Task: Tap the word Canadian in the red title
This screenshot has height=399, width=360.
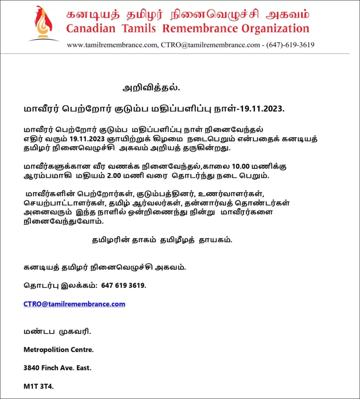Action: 91,28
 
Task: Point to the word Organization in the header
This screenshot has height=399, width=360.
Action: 275,28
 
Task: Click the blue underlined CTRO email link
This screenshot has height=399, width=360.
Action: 74,304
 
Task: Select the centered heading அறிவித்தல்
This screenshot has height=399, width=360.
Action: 151,88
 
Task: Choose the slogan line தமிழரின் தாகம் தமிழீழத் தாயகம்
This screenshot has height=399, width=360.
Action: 162,240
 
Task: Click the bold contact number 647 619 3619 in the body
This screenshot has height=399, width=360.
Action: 124,286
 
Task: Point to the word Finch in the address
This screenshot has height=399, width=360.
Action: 51,368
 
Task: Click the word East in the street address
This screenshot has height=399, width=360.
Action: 83,368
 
